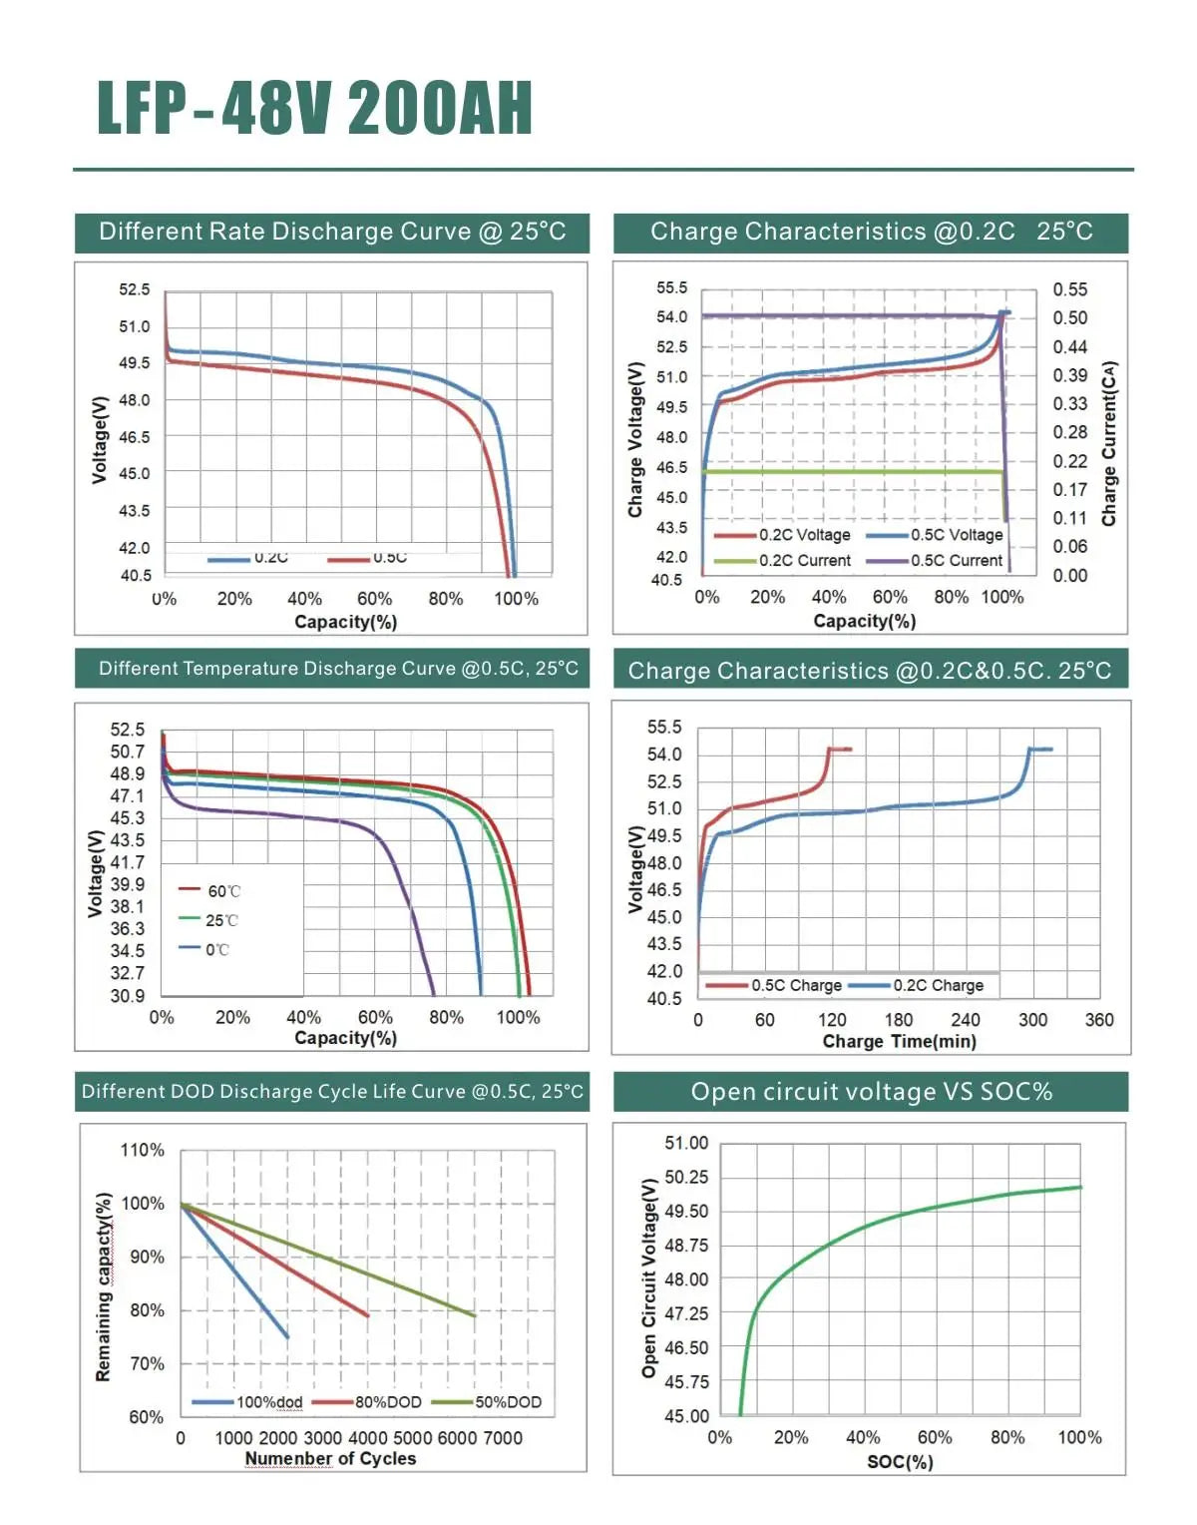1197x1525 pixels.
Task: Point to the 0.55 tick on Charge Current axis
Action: click(x=1069, y=289)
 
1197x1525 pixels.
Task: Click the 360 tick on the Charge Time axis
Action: click(x=1098, y=1020)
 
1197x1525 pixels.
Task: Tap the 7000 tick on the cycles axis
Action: click(x=503, y=1438)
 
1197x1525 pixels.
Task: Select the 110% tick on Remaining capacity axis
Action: click(x=142, y=1150)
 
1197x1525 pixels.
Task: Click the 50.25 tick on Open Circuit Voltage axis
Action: click(x=686, y=1178)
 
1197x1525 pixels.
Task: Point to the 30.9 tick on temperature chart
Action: click(x=127, y=995)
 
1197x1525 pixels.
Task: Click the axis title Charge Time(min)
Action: click(x=899, y=1042)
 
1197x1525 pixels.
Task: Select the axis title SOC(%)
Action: click(x=900, y=1462)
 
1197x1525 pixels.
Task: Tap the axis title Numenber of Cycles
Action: click(x=330, y=1459)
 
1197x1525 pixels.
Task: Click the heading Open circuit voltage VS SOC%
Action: click(x=871, y=1092)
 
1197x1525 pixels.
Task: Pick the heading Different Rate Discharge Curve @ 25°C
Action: click(x=332, y=232)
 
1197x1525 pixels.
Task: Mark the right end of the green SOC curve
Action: click(x=1080, y=1187)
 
